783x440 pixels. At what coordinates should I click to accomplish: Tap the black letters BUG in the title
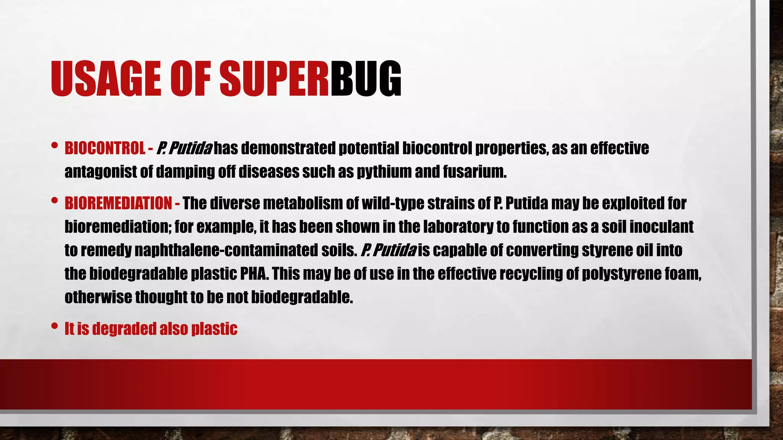366,79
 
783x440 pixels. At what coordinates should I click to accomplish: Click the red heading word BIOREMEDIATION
118,203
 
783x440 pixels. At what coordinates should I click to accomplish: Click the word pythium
384,172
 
